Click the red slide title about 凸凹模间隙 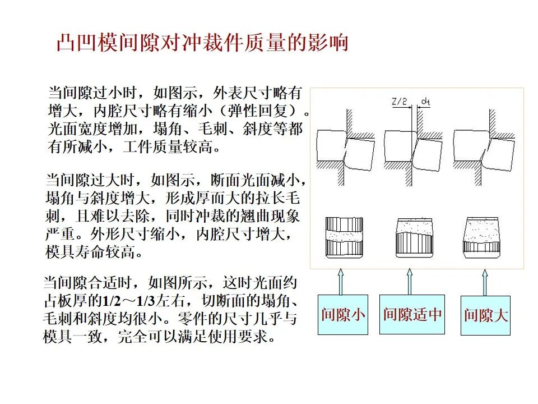tap(202, 43)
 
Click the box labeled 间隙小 tap(343, 314)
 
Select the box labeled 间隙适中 tap(412, 314)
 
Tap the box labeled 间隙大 tap(485, 315)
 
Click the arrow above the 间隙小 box tap(340, 281)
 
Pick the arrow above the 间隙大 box tap(485, 281)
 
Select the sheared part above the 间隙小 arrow tap(344, 237)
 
